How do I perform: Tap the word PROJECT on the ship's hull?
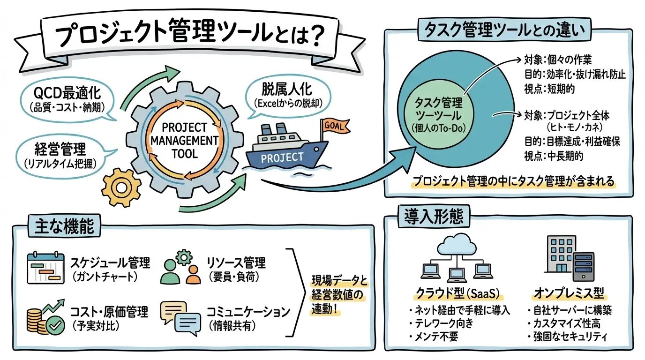point(282,157)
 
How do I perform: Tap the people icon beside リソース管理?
point(181,269)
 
